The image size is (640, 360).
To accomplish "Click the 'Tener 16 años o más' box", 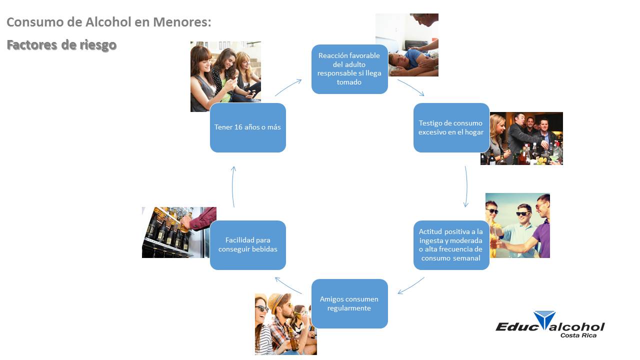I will pos(247,127).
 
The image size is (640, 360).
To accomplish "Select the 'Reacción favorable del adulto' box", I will pos(349,69).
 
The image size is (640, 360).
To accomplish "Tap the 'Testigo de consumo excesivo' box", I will pos(451,127).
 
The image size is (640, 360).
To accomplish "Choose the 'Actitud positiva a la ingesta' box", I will pos(451,245).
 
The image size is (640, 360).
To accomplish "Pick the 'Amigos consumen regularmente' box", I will pos(349,303).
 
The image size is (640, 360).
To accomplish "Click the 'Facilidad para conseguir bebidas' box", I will pos(247,245).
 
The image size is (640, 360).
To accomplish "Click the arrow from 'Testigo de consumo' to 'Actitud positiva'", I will pos(466,186).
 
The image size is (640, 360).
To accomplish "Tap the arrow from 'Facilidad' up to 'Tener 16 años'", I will pos(233,186).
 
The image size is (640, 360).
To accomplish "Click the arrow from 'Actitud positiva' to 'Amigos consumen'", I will pos(411,286).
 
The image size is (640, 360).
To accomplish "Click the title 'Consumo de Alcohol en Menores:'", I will pos(109,22).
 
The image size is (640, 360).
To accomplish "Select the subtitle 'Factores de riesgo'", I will pos(61,45).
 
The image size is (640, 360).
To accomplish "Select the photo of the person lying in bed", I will pos(407,45).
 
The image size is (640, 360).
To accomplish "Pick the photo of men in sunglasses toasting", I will pos(517,225).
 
